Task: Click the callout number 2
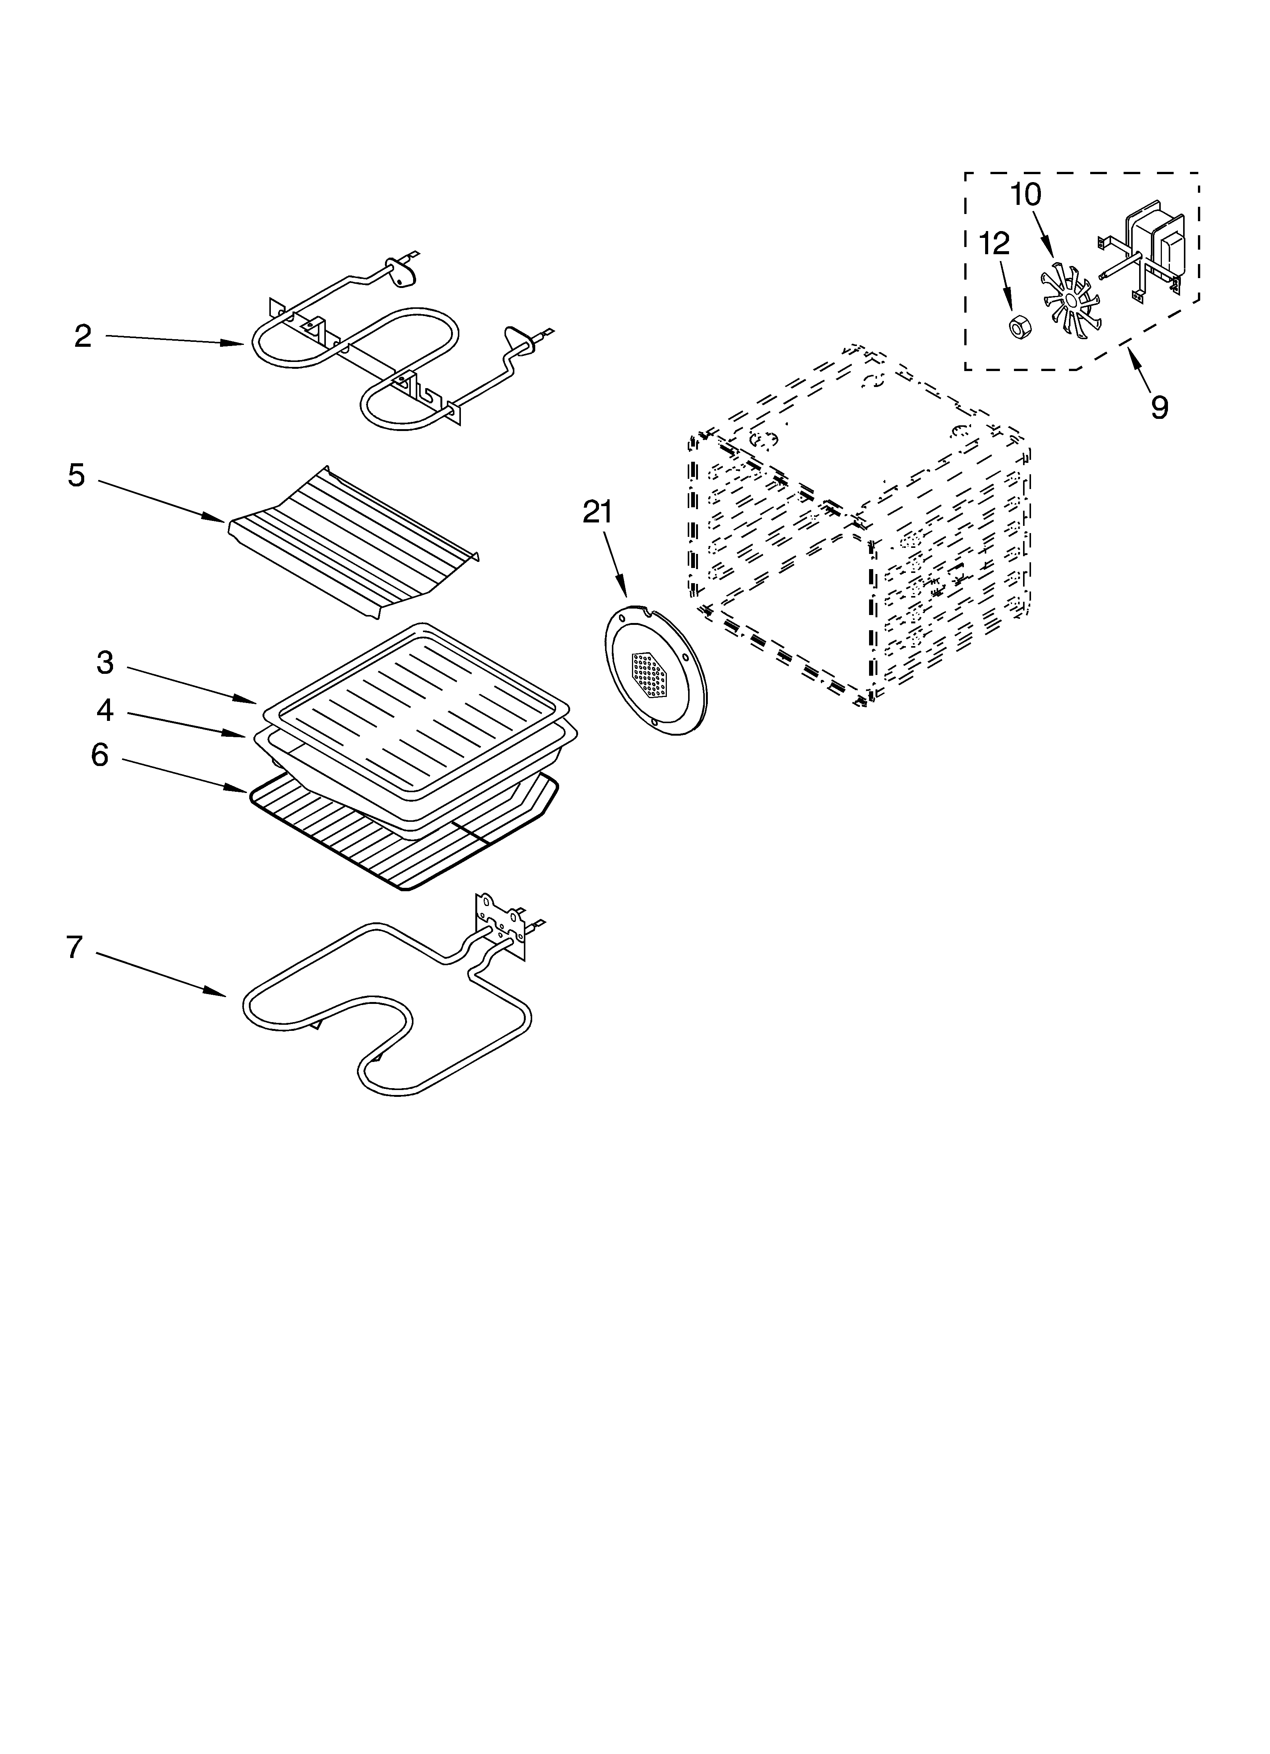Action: pos(83,337)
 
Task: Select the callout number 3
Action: pos(105,663)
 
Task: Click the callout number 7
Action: pos(74,947)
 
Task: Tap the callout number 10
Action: pos(1026,194)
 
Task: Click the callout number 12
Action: pos(995,244)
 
